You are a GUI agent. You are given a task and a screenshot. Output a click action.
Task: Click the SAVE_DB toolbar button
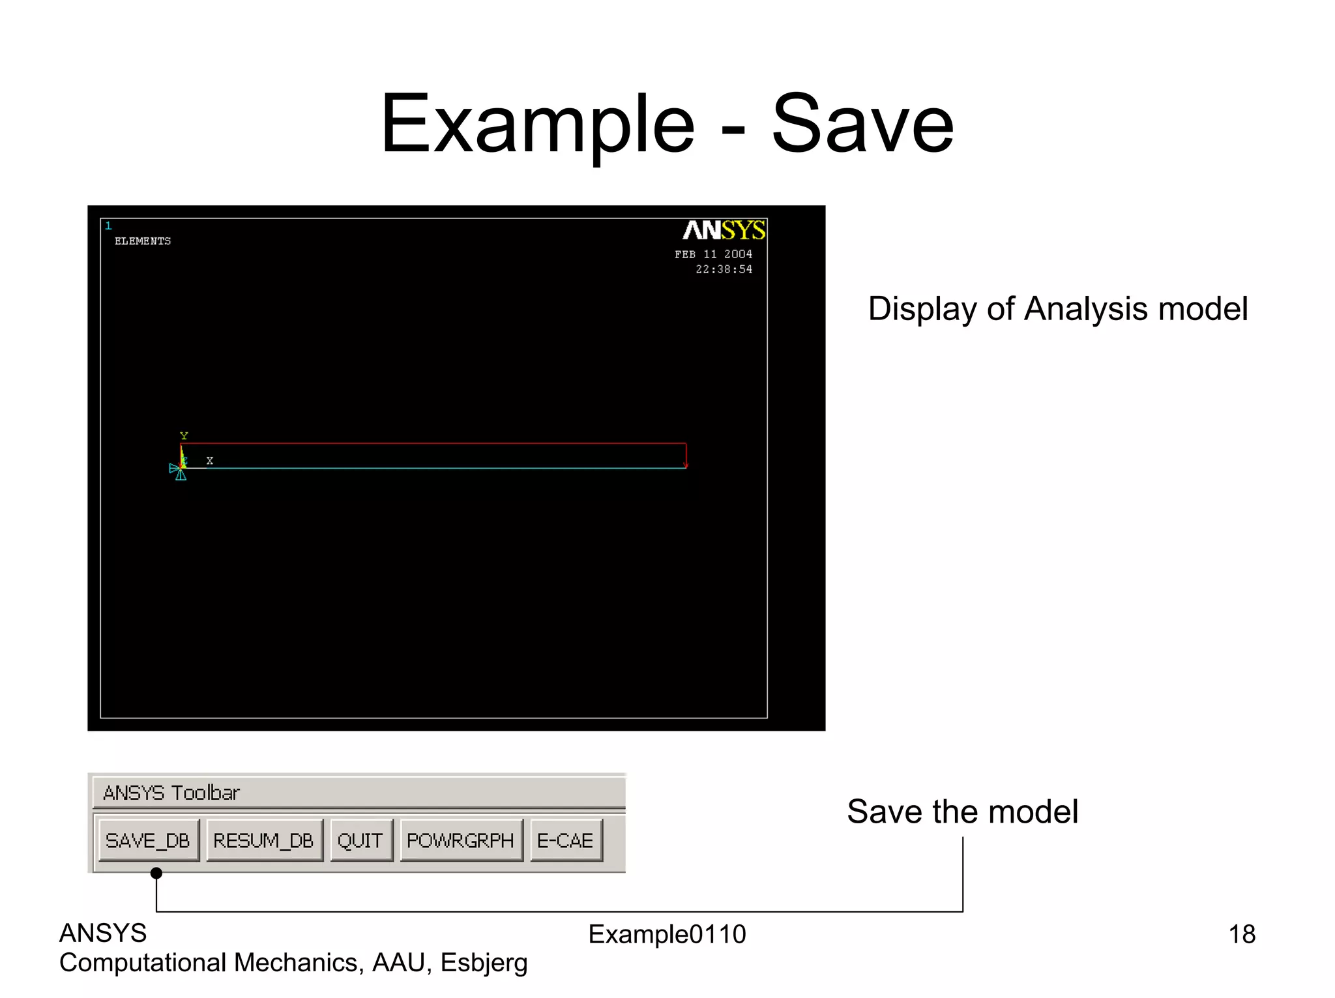click(148, 840)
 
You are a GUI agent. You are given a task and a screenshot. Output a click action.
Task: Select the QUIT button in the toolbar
click(360, 840)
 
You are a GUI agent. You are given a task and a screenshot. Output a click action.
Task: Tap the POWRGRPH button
click(460, 840)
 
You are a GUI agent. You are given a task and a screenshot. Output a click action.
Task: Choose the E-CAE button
click(565, 840)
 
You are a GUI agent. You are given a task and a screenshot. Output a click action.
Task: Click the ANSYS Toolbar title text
click(171, 793)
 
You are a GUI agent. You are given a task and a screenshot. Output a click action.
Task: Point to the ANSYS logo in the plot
click(724, 230)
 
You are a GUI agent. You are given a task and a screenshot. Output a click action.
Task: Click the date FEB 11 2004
click(713, 254)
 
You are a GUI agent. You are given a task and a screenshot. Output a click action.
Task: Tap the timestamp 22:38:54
click(724, 269)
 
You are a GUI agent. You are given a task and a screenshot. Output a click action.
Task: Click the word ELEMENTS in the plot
click(143, 241)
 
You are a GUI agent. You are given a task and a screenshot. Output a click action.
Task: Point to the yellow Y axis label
click(184, 436)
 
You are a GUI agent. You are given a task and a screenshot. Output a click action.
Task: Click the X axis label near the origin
click(210, 460)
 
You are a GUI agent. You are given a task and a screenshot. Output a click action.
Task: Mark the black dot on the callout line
click(156, 873)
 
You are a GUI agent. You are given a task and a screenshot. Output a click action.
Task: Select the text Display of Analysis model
click(1057, 308)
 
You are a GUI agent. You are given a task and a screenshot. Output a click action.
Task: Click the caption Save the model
click(962, 812)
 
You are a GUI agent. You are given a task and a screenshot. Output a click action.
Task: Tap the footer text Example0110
click(667, 934)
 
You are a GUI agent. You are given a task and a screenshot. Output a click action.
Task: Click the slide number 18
click(1241, 934)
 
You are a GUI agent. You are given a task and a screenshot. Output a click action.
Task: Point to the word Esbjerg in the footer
click(484, 963)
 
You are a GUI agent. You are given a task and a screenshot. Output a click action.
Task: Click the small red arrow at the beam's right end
click(685, 464)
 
